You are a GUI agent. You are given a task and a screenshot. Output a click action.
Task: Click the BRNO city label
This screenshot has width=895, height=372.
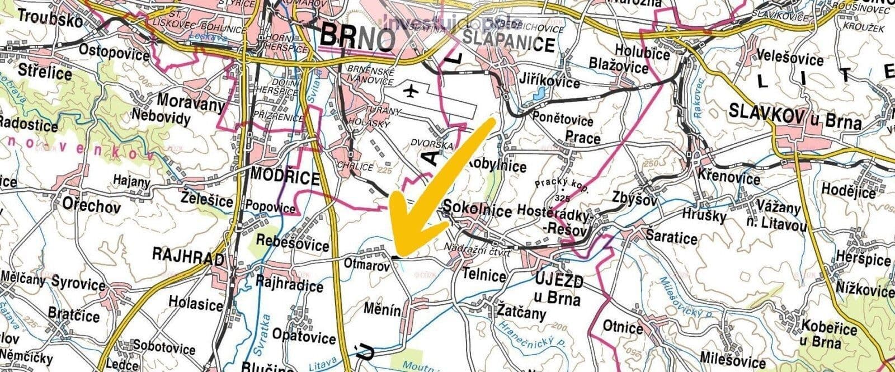click(358, 38)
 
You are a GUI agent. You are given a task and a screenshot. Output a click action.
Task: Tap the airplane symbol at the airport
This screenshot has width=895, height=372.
click(412, 90)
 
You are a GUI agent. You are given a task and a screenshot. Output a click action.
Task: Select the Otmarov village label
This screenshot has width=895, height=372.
click(366, 266)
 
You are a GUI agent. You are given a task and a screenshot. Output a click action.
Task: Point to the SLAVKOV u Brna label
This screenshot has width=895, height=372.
click(795, 117)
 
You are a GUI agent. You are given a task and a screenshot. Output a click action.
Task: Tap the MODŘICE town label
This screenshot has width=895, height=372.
click(285, 177)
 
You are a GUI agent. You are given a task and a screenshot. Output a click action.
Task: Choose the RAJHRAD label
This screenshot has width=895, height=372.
click(188, 257)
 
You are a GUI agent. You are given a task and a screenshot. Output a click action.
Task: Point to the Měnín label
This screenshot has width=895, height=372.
click(382, 309)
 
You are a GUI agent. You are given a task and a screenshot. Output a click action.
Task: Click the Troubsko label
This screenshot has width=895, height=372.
click(46, 16)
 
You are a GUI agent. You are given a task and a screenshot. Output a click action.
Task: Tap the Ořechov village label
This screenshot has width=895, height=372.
click(92, 206)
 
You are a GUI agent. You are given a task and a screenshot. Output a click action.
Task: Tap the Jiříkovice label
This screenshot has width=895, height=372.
click(550, 82)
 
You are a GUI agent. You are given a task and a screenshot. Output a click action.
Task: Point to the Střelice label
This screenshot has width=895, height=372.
click(45, 73)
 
